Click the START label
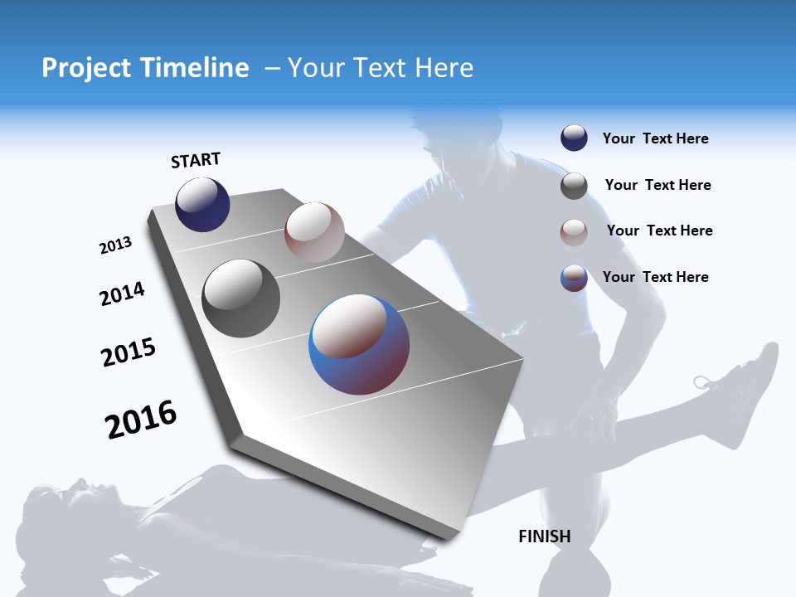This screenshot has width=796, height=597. coord(196,160)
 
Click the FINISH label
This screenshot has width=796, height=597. coord(545,536)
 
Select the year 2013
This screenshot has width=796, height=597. coord(115,245)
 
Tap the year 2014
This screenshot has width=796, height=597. coord(122,294)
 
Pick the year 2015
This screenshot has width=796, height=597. coord(129,352)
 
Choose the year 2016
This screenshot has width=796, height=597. coord(141,419)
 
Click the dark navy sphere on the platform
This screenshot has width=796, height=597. coord(202,204)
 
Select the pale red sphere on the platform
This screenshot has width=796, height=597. coord(314,231)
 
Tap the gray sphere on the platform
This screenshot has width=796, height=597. coord(240,298)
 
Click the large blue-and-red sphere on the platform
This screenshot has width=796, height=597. coord(359,344)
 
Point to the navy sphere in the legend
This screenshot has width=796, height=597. coord(574,138)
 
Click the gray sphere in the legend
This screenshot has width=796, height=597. coord(574,186)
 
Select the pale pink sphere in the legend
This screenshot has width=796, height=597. coord(574,232)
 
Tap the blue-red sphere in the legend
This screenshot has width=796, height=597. coord(574,278)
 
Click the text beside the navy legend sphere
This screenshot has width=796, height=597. coord(655,138)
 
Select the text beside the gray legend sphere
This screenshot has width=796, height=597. coord(658,185)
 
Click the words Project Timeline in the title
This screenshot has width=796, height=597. coord(145,68)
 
